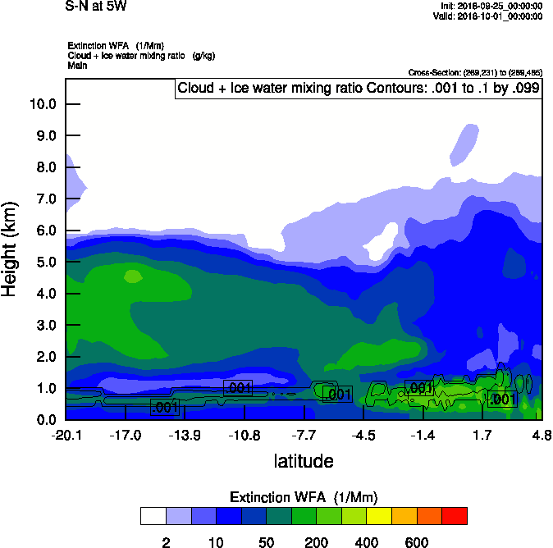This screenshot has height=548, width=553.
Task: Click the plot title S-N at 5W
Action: click(96, 7)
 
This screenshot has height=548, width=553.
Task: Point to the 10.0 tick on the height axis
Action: click(43, 104)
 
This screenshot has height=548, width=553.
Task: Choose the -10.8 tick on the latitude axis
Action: click(245, 435)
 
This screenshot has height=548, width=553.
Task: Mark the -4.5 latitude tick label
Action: click(363, 435)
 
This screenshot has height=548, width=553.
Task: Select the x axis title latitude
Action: click(304, 461)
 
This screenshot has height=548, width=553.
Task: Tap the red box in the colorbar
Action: click(454, 516)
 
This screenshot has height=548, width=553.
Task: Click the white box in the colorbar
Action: click(153, 516)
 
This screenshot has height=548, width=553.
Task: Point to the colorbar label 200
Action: click(316, 542)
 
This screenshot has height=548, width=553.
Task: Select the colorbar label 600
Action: click(416, 542)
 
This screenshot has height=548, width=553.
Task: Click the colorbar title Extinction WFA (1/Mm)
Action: click(304, 497)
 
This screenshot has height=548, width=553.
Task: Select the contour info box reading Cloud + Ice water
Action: click(359, 89)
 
